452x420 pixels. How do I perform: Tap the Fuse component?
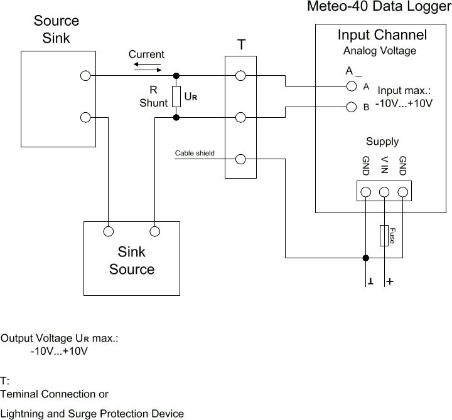(384, 235)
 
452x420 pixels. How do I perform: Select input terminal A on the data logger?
(352, 86)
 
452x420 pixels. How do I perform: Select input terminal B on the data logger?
(352, 107)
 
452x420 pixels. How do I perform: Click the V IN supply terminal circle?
(384, 192)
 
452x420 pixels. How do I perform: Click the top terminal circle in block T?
(240, 76)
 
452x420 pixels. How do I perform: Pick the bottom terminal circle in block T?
(240, 159)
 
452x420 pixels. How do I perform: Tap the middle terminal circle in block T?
(240, 117)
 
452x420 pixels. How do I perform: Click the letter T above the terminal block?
(241, 45)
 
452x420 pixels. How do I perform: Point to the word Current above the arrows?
(146, 55)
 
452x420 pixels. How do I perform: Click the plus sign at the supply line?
(390, 282)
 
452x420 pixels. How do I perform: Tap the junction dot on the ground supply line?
(366, 258)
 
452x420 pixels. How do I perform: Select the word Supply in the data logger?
(382, 141)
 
